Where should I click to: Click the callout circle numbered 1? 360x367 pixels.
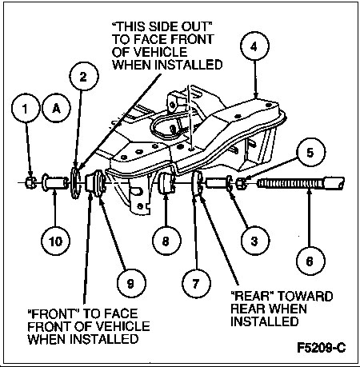(26, 108)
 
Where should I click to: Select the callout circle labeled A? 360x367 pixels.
(56, 108)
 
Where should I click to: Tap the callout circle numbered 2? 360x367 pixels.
(84, 76)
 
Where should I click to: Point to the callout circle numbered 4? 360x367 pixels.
(254, 46)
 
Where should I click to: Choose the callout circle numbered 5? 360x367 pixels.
(310, 153)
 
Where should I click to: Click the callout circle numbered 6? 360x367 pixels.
(310, 261)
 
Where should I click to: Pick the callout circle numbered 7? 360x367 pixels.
(196, 283)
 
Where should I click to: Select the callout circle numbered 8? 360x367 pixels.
(166, 241)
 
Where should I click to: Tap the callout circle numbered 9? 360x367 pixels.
(131, 283)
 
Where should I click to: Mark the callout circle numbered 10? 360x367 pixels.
(55, 241)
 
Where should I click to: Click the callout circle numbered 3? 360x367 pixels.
(255, 241)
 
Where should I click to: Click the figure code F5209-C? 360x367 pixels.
(322, 348)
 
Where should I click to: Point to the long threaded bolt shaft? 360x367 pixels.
(301, 184)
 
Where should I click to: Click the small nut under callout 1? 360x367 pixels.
(31, 182)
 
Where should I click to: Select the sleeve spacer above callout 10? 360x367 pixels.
(55, 182)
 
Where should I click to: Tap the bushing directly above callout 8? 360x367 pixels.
(167, 182)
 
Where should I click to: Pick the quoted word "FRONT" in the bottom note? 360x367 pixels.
(54, 313)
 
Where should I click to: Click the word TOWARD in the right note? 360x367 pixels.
(306, 296)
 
